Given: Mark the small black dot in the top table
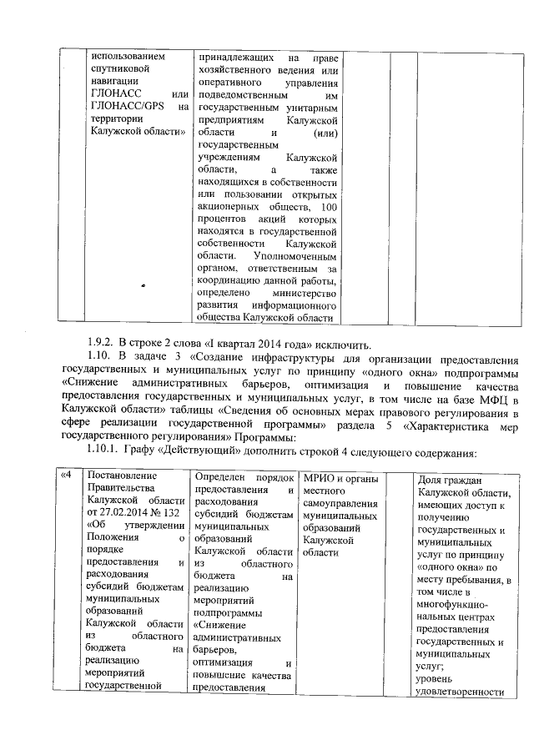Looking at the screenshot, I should pos(143,286).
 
